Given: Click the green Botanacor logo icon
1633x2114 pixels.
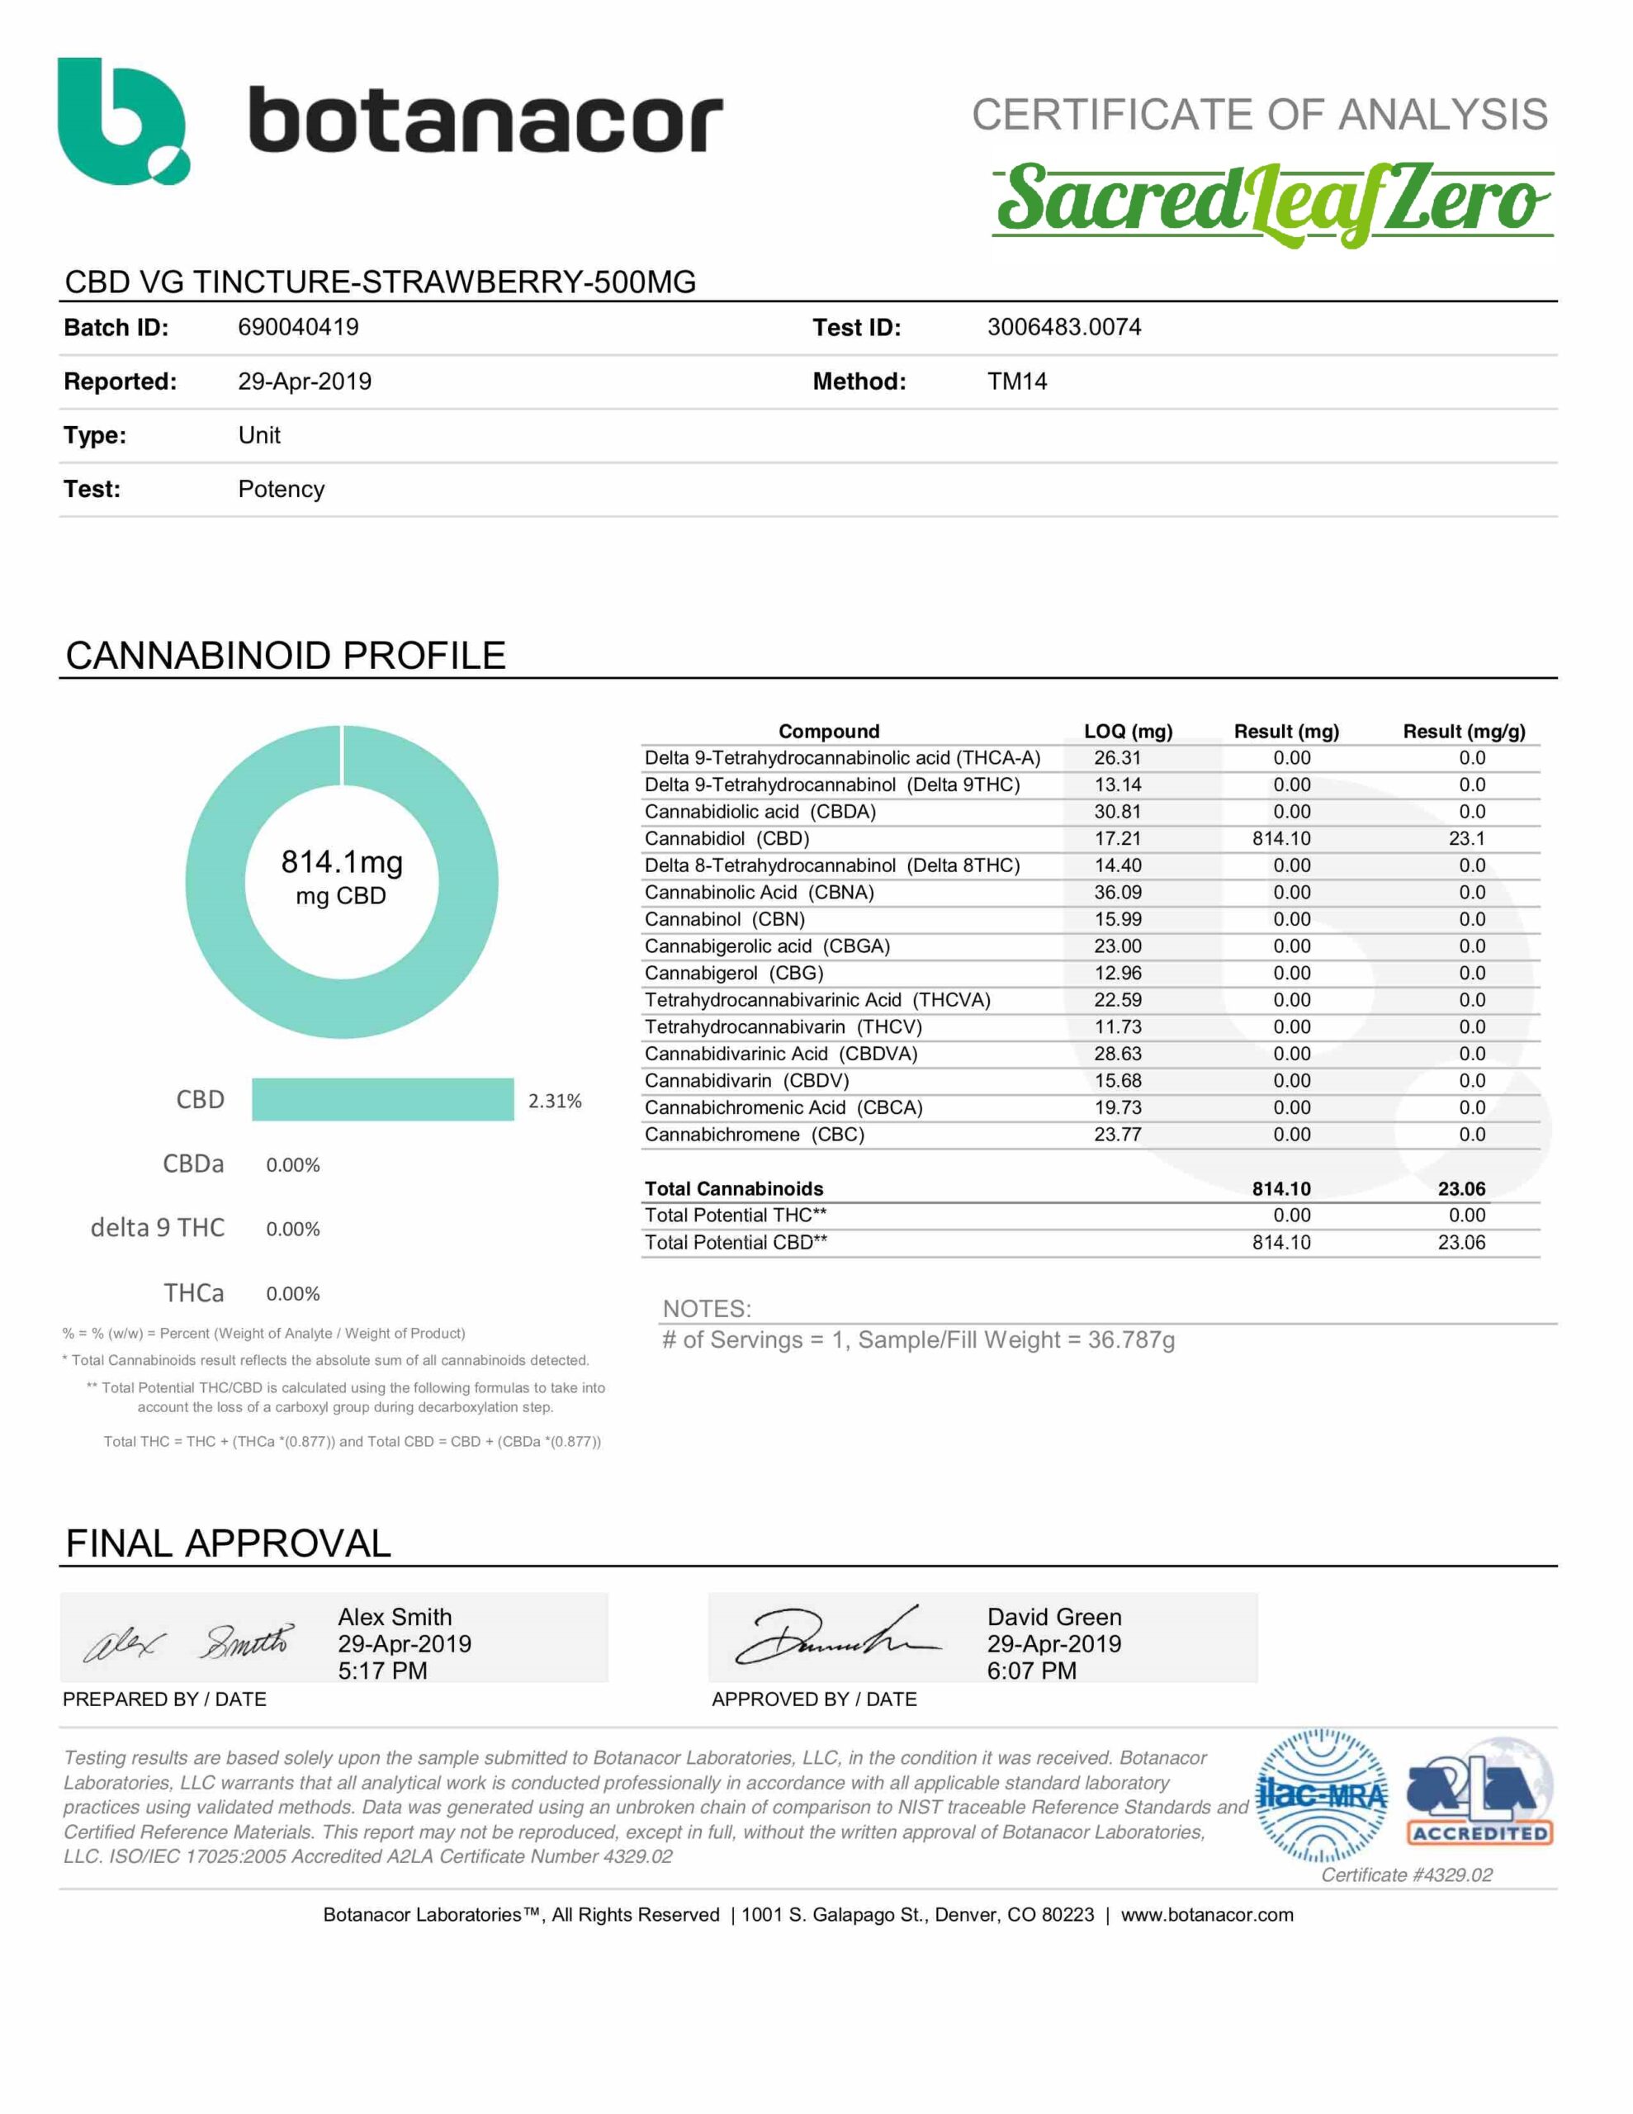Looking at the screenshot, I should click(x=122, y=121).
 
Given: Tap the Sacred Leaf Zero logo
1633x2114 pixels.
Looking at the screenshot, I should click(x=1272, y=203).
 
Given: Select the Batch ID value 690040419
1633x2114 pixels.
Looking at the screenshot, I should click(x=298, y=327).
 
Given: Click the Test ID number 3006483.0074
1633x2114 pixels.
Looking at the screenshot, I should click(x=1064, y=327).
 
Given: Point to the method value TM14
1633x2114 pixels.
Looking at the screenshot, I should click(x=1016, y=382).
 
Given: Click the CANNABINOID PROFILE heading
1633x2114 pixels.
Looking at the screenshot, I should click(x=286, y=656).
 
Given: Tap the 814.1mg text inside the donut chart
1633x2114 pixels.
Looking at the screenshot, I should click(x=342, y=861).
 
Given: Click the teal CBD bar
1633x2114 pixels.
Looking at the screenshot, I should click(x=382, y=1100).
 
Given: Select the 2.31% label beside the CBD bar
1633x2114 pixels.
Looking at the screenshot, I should click(x=555, y=1101).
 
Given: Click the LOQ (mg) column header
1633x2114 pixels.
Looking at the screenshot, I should click(x=1128, y=732).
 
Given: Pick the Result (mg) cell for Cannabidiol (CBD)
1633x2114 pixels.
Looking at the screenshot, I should click(x=1280, y=838).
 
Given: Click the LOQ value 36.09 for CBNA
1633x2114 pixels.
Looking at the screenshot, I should click(x=1118, y=893).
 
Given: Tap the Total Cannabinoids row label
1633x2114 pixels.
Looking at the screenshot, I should click(x=734, y=1188).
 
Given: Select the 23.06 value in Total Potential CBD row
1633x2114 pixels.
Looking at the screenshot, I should click(x=1460, y=1242).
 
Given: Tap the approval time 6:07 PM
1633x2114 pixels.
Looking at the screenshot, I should click(x=1031, y=1671).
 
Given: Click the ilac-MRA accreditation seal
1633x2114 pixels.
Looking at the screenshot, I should click(x=1320, y=1795).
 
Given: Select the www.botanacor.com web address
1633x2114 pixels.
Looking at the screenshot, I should click(x=1207, y=1915).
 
